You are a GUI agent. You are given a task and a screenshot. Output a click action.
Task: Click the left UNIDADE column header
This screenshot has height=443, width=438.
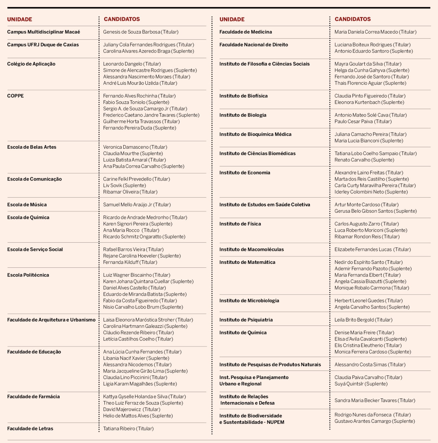click(x=20, y=19)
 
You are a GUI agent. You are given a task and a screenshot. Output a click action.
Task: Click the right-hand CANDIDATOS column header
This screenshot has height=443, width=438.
click(x=352, y=19)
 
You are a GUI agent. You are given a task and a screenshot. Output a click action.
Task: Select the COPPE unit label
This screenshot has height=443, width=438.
click(x=16, y=96)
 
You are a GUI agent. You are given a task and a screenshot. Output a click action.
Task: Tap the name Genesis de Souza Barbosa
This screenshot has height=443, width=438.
click(x=132, y=32)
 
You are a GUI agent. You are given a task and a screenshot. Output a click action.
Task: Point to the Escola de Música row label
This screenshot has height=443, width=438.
click(x=27, y=205)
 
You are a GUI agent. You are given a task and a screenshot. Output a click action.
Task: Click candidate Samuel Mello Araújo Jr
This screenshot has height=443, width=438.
click(x=127, y=205)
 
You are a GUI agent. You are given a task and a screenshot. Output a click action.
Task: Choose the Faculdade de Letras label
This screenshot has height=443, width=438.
click(x=30, y=428)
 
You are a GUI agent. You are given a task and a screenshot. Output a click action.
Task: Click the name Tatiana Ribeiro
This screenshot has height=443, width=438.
click(x=119, y=428)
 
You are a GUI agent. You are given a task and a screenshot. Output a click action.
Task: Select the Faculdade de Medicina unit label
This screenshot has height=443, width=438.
click(x=245, y=32)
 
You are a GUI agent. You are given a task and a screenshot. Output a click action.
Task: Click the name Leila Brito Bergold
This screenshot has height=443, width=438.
click(x=354, y=320)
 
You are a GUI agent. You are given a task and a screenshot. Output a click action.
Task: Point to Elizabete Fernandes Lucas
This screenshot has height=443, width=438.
click(x=363, y=249)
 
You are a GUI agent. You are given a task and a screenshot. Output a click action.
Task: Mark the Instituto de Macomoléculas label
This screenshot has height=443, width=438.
click(x=252, y=249)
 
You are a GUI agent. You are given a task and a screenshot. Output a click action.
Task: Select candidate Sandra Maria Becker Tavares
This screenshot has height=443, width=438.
click(x=365, y=400)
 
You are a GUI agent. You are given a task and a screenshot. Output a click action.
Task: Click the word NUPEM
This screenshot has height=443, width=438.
click(x=275, y=422)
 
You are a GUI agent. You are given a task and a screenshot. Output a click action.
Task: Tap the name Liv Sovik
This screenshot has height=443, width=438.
click(x=112, y=186)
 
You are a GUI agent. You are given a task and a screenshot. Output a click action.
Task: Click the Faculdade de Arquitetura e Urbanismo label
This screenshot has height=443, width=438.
click(x=51, y=320)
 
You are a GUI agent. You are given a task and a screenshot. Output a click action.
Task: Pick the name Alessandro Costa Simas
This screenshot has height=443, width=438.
click(x=360, y=365)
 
